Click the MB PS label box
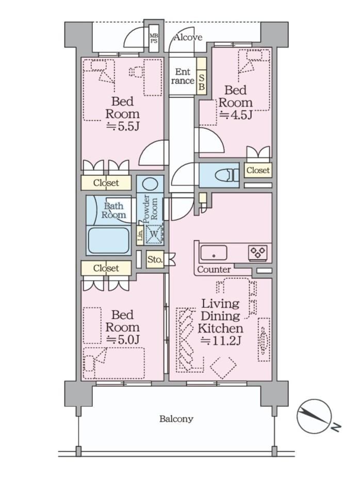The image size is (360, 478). [x=154, y=39]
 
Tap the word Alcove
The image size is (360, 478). [x=188, y=38]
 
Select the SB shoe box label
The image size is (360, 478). [x=202, y=81]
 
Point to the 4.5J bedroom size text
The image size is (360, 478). [x=236, y=115]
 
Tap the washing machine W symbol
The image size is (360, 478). [x=154, y=234]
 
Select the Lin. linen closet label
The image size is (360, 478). [x=140, y=235]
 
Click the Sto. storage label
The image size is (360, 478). [x=155, y=259]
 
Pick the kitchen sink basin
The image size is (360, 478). [x=214, y=253]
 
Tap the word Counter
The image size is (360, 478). [x=214, y=270]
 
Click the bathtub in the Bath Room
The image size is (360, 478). [x=108, y=240]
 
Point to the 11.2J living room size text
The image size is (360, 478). [x=221, y=341]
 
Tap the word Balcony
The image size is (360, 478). [x=176, y=419]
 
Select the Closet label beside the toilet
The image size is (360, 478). [x=258, y=170]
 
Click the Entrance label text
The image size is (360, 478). [x=183, y=76]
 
